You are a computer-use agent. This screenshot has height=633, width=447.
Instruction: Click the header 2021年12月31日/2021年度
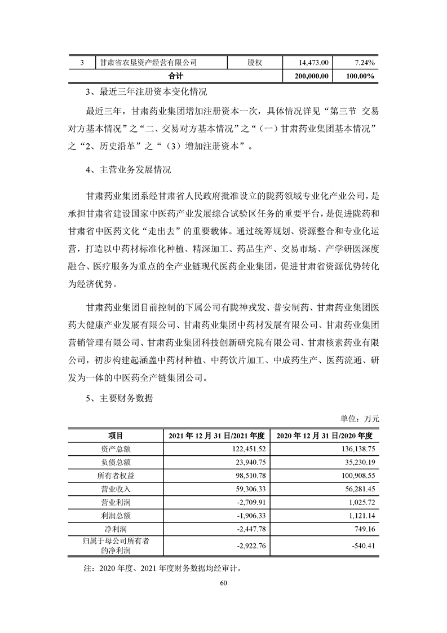tap(216, 435)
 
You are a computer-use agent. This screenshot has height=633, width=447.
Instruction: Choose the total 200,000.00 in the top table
tap(312, 76)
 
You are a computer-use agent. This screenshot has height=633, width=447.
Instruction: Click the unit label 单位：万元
tap(360, 419)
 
